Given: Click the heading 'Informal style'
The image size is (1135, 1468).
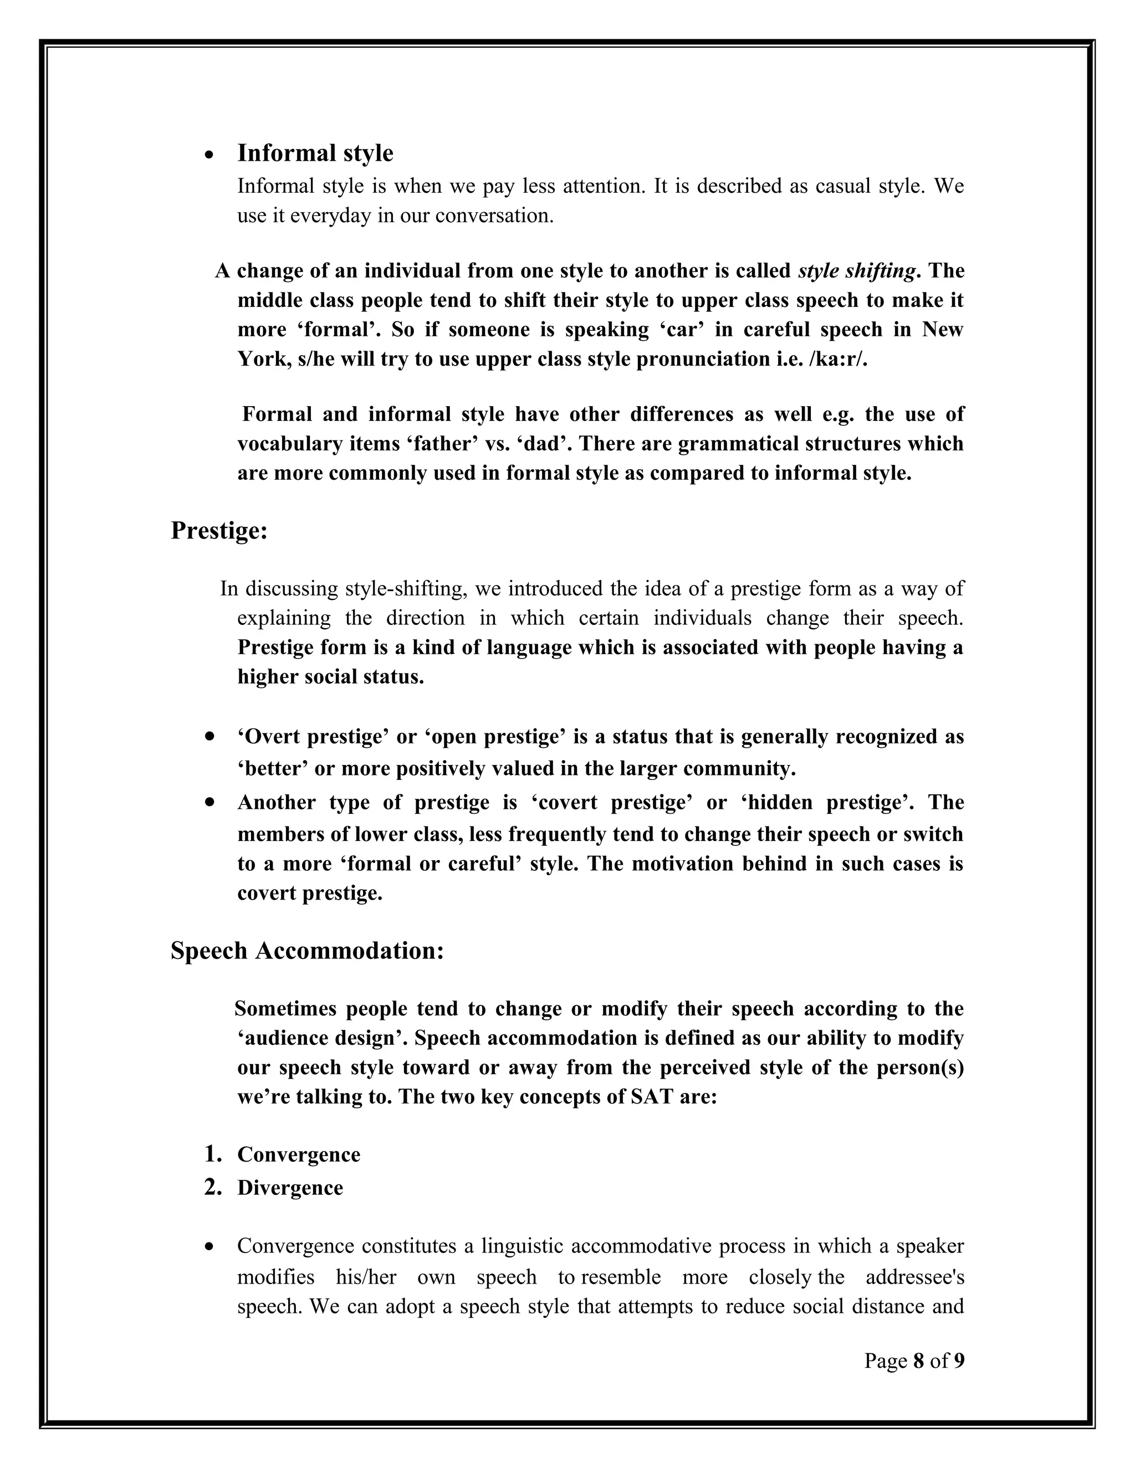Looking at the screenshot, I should [x=315, y=153].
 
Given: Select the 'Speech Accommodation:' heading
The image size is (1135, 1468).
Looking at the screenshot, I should [x=306, y=951].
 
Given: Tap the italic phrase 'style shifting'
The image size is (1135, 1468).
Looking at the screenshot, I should [x=857, y=271].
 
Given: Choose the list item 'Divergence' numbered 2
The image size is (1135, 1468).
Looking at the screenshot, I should [x=290, y=1188].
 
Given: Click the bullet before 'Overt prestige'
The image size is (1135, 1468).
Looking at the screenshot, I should [x=211, y=737].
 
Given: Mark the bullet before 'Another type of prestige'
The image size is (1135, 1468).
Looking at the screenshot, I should [x=211, y=803].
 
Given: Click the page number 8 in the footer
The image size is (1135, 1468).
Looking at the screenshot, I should [x=918, y=1361].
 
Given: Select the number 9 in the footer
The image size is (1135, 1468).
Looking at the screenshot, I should [x=959, y=1361].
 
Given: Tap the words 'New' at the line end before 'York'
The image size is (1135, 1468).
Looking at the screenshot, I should [x=943, y=330].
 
